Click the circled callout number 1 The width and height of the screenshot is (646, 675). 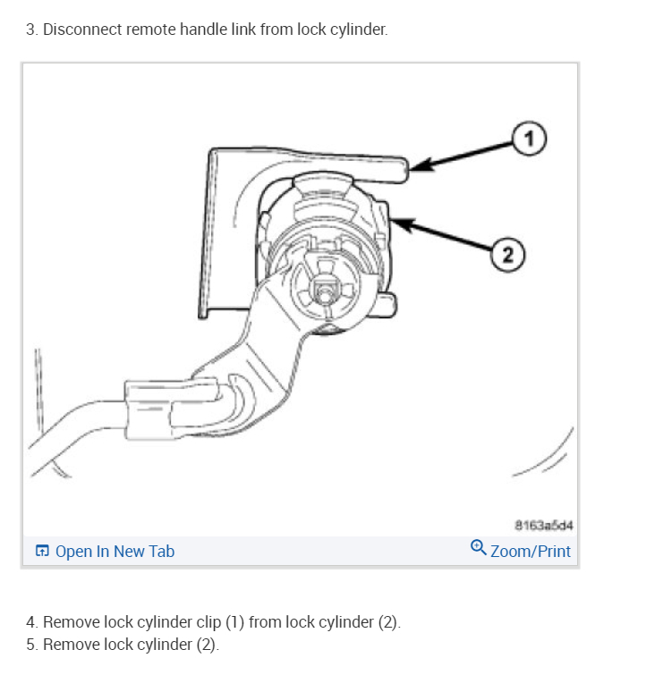click(528, 138)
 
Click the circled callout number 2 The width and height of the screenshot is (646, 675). click(507, 256)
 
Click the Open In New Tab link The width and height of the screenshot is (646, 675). click(115, 551)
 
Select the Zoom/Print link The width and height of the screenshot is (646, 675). click(530, 551)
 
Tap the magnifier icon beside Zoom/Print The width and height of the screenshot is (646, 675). click(479, 549)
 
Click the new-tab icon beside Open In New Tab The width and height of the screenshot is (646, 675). click(42, 551)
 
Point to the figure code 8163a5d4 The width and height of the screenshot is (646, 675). click(542, 524)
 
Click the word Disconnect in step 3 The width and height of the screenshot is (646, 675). click(83, 30)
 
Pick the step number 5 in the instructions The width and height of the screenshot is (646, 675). click(30, 645)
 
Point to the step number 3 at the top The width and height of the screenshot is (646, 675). click(30, 30)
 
